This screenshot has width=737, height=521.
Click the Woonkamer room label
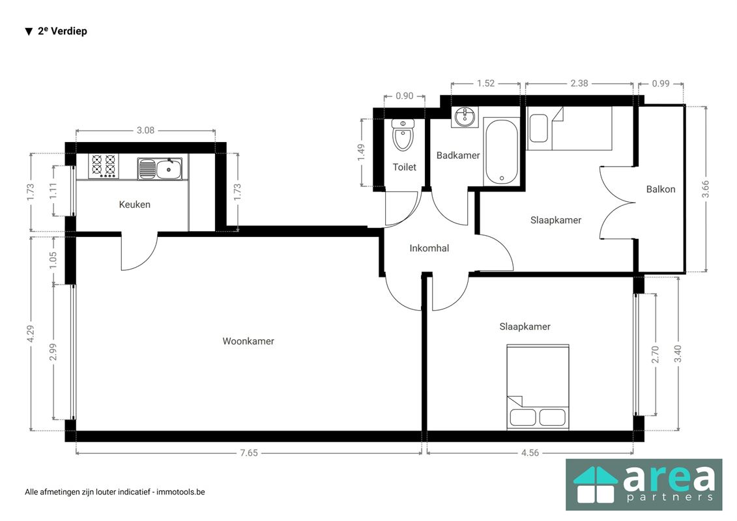[248, 341]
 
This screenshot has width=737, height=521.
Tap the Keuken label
[134, 204]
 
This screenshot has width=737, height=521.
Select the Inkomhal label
[429, 248]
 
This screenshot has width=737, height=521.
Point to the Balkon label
[660, 189]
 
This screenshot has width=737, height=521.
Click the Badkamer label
[458, 155]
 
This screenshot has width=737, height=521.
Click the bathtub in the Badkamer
[502, 152]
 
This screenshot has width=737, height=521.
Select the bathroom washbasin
[465, 117]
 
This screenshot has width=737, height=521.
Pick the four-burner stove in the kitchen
[104, 166]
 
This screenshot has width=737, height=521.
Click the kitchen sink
[160, 169]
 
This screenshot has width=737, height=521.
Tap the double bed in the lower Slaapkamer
[538, 387]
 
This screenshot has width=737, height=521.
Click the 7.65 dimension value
[249, 453]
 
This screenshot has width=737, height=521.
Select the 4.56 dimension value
[530, 453]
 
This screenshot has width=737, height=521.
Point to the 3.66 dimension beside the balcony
[705, 189]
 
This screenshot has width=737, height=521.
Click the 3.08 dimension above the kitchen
[145, 130]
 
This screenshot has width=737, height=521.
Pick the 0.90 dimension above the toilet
[404, 96]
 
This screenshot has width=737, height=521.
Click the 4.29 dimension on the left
[31, 333]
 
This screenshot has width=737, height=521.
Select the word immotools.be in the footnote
[181, 492]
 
